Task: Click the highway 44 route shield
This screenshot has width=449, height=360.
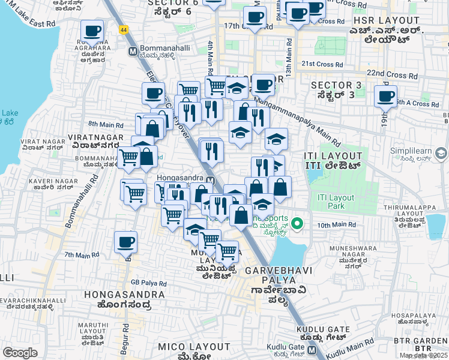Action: click(122, 29)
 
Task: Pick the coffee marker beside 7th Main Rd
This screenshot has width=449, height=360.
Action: click(126, 242)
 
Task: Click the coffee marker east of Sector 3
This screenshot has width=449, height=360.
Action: click(385, 96)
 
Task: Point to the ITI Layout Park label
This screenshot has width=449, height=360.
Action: click(336, 202)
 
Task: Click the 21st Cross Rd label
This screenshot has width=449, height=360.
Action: click(322, 64)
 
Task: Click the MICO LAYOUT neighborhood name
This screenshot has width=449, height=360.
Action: click(193, 347)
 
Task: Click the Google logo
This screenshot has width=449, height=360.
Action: click(20, 353)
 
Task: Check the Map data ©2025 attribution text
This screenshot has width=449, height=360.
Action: click(424, 355)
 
